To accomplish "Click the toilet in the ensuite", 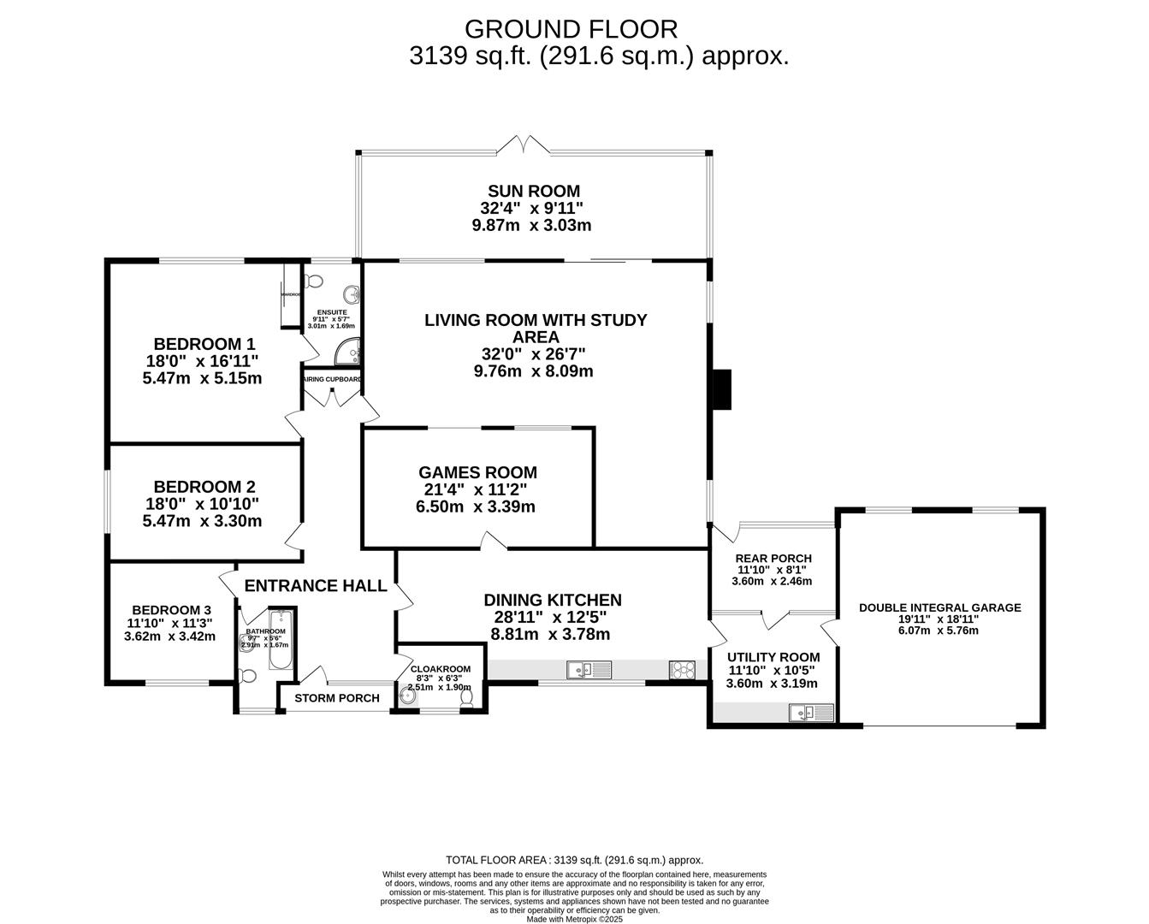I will click(314, 281).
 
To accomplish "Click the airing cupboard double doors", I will click(332, 397).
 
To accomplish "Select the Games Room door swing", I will click(492, 540).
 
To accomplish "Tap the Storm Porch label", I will click(337, 698).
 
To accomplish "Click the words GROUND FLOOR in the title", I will click(571, 29).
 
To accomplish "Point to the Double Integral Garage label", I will click(939, 608).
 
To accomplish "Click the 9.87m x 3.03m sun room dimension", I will click(531, 226).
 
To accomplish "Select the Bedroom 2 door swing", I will click(293, 537).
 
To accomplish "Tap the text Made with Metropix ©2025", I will click(574, 919).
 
